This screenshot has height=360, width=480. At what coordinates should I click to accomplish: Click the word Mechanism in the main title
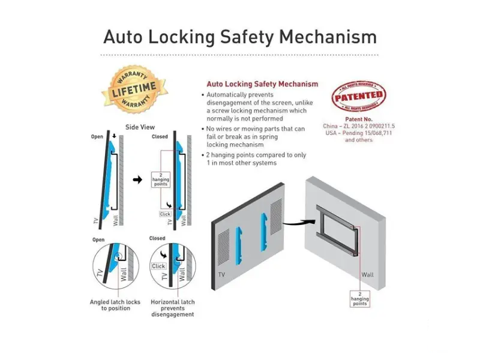[x=328, y=37]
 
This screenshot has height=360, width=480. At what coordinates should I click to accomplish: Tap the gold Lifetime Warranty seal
[x=134, y=89]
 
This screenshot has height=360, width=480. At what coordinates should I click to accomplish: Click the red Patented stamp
[x=358, y=96]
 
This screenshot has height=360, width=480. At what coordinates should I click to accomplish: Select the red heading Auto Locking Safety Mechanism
[x=262, y=84]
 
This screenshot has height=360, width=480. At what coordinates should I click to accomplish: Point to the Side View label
[x=140, y=127]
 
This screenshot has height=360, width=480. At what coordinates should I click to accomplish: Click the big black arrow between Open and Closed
[x=138, y=179]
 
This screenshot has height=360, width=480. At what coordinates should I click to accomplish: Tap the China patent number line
[x=359, y=126]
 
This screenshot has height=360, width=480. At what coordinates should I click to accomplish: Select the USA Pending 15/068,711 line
[x=359, y=133]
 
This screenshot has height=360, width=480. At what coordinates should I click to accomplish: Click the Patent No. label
[x=359, y=119]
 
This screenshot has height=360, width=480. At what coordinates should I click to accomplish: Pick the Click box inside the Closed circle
[x=158, y=266]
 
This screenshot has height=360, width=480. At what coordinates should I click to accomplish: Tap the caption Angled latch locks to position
[x=115, y=305]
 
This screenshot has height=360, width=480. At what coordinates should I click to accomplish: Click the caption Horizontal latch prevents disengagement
[x=173, y=308]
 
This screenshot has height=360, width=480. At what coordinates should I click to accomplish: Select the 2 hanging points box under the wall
[x=359, y=299]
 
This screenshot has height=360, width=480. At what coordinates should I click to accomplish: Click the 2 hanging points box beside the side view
[x=161, y=179]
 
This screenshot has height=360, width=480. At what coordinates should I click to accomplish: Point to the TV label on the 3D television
[x=221, y=274]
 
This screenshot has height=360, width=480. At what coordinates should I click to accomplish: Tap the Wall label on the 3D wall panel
[x=367, y=275]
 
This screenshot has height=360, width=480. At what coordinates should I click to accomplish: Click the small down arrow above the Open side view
[x=114, y=136]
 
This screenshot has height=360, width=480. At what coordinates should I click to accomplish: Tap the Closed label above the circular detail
[x=157, y=238]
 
